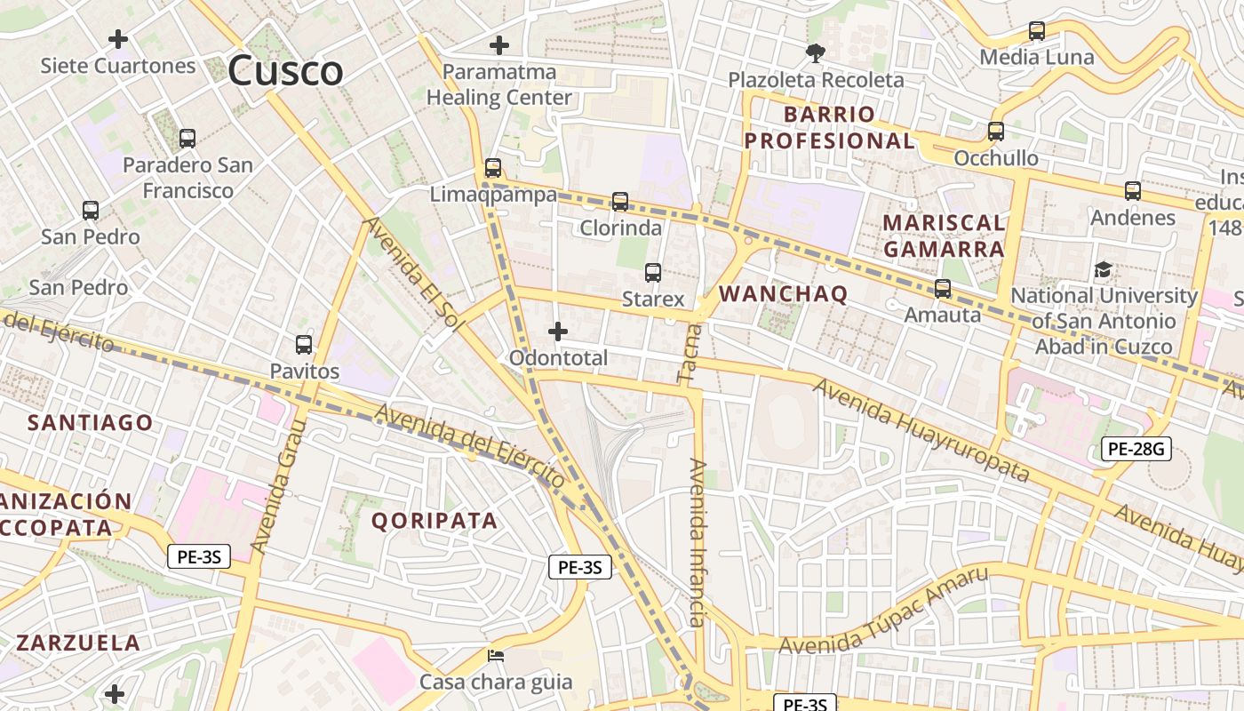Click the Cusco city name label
pyautogui.click(x=285, y=71)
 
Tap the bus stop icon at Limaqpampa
pyautogui.click(x=493, y=167)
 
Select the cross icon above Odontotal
pyautogui.click(x=558, y=332)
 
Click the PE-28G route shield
pyautogui.click(x=1136, y=449)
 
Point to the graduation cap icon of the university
pyautogui.click(x=1103, y=268)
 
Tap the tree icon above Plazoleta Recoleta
pyautogui.click(x=815, y=53)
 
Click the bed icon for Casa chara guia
pyautogui.click(x=496, y=657)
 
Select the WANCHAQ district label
pyautogui.click(x=783, y=293)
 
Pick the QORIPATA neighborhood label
pyautogui.click(x=435, y=521)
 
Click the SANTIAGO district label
pyautogui.click(x=90, y=422)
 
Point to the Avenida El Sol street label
pyautogui.click(x=413, y=275)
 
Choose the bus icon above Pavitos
pyautogui.click(x=304, y=344)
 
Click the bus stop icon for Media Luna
pyautogui.click(x=1036, y=31)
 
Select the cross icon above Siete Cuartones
pyautogui.click(x=117, y=39)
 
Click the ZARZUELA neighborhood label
pyautogui.click(x=78, y=643)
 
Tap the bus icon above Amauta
pyautogui.click(x=942, y=289)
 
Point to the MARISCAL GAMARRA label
pyautogui.click(x=944, y=236)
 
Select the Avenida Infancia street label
pyautogui.click(x=698, y=542)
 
